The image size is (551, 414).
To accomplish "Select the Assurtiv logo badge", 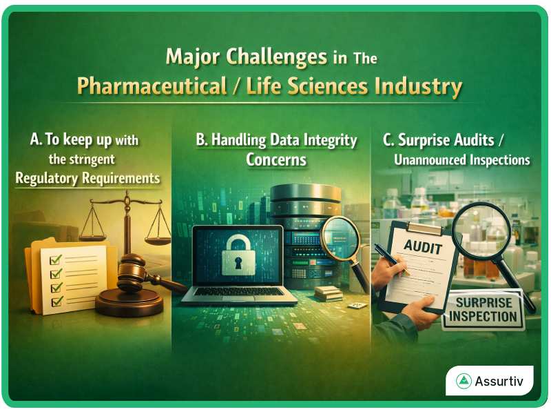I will click(489, 381).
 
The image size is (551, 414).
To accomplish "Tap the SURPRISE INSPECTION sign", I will click(482, 309).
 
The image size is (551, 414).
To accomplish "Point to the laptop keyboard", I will click(238, 292).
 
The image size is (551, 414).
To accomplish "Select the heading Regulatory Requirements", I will click(87, 179).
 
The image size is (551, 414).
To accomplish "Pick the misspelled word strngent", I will click(96, 160).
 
